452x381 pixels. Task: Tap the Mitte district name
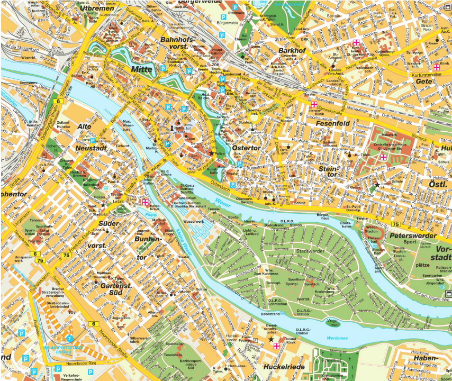pos(141,69)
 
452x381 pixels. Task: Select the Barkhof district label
pos(292,50)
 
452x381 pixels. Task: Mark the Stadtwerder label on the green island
pos(310,250)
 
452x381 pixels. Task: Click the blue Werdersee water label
pos(337,338)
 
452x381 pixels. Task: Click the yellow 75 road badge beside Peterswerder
pos(396,224)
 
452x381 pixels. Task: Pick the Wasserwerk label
pos(193,221)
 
